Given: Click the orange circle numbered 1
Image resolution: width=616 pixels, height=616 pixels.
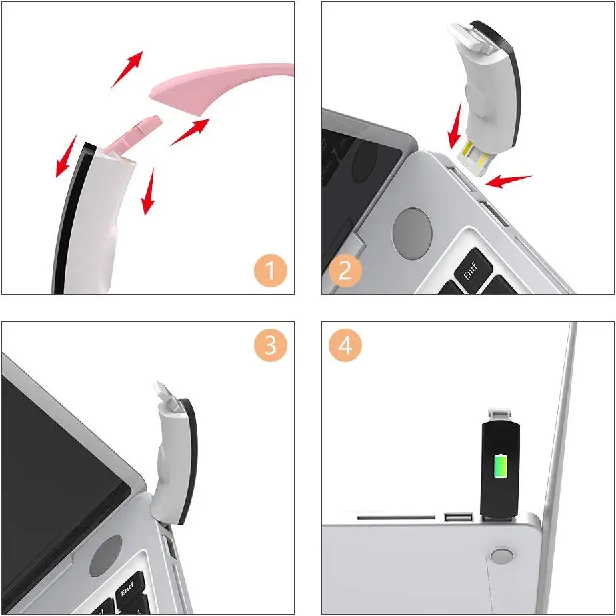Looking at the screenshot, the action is click(x=270, y=271).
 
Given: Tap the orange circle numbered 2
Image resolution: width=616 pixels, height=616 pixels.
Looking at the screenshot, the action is click(x=345, y=271).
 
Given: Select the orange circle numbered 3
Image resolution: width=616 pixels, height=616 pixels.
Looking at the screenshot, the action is click(x=270, y=345).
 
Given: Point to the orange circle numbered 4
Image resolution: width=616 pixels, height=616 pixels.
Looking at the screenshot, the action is click(x=345, y=345).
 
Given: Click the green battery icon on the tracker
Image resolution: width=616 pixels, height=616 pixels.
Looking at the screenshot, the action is click(x=501, y=466).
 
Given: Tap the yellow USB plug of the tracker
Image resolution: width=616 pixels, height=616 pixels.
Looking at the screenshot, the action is click(x=475, y=157).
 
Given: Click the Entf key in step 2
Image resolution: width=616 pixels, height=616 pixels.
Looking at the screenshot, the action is click(x=473, y=270).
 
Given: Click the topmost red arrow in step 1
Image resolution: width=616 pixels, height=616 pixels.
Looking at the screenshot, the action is click(x=127, y=69).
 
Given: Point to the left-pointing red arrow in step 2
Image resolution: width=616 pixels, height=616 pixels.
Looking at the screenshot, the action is click(x=509, y=181).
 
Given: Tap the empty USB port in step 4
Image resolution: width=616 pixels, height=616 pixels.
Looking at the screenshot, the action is click(x=459, y=517).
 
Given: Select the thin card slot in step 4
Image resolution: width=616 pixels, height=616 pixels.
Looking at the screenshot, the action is click(x=396, y=518).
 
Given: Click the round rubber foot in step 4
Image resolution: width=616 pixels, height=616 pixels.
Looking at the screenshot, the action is click(x=502, y=557).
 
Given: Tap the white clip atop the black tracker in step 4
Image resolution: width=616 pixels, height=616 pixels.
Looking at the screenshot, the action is click(x=500, y=415).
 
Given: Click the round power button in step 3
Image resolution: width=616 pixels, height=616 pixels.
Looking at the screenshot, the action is click(x=106, y=556).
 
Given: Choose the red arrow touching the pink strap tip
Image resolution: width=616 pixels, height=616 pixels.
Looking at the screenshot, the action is click(x=189, y=133).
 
